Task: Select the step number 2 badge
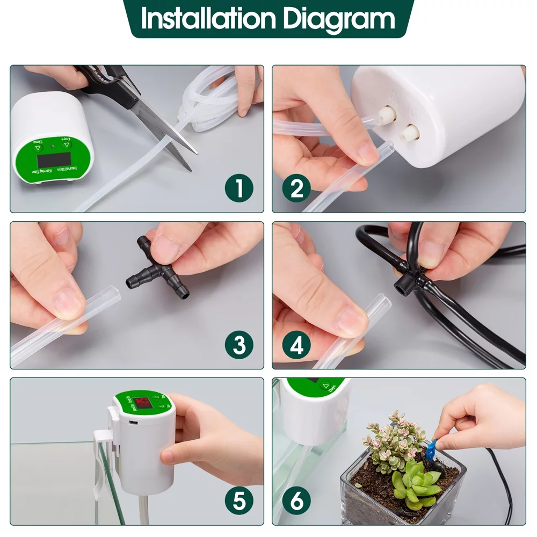coord(296,188)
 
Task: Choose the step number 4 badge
coord(296,345)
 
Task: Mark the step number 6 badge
coord(296,500)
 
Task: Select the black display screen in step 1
coord(54,161)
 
